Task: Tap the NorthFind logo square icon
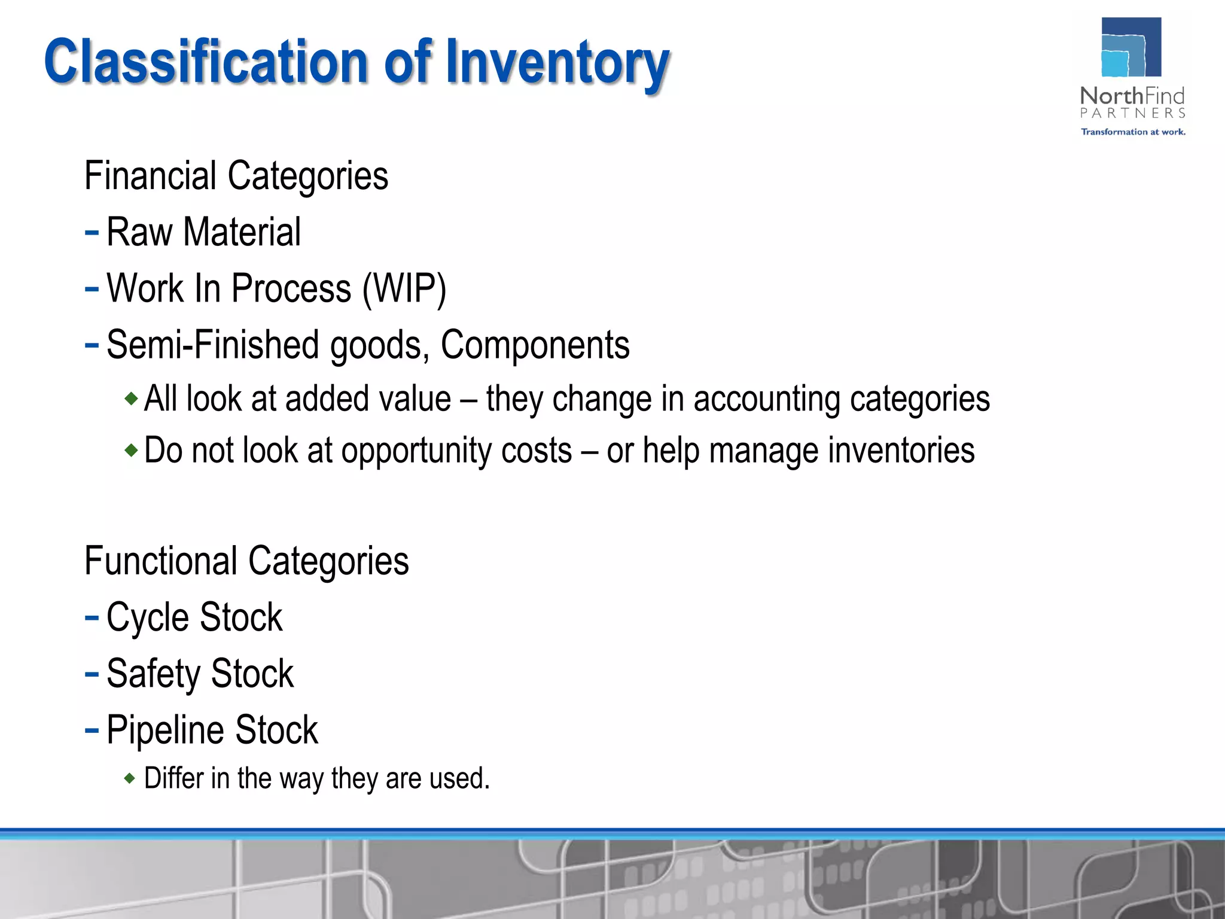[x=1131, y=47]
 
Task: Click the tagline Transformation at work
[x=1132, y=132]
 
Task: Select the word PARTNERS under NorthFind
[x=1132, y=113]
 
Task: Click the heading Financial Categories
[x=236, y=176]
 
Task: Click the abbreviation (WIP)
[x=404, y=289]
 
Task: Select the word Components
[x=535, y=345]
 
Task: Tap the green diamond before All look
[x=131, y=398]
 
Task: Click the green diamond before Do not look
[x=131, y=450]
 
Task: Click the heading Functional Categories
[x=246, y=561]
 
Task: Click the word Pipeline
[x=165, y=730]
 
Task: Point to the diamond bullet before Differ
[x=130, y=778]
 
